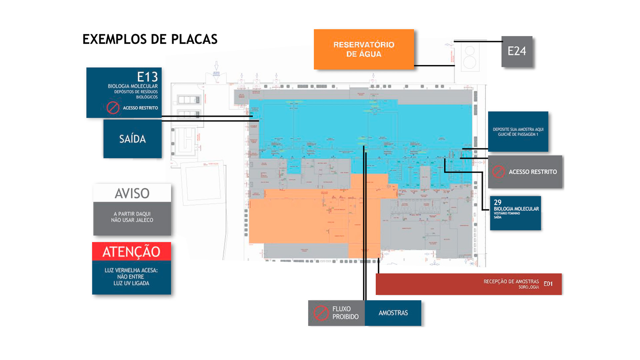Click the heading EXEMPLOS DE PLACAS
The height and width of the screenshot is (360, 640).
(x=150, y=39)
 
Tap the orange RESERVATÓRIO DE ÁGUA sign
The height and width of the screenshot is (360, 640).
(x=364, y=49)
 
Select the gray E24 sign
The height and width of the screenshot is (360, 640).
(x=517, y=51)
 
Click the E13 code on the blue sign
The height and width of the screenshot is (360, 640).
(x=147, y=77)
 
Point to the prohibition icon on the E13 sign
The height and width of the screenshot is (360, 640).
(x=113, y=108)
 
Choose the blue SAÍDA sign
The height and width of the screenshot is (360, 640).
(x=132, y=139)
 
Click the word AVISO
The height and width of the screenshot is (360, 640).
(x=132, y=193)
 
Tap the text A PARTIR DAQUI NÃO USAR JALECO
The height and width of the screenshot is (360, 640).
(x=132, y=217)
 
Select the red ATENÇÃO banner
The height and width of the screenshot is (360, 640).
(x=131, y=252)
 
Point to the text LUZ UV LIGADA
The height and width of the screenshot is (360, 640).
(x=131, y=283)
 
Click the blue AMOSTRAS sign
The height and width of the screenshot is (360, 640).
(x=393, y=313)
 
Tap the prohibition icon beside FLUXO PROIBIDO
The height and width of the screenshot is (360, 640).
(x=321, y=313)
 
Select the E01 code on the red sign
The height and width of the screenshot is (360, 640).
(x=548, y=284)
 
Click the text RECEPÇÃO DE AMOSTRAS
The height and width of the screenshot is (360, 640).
(x=511, y=282)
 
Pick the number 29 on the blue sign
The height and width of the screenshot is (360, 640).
(x=497, y=202)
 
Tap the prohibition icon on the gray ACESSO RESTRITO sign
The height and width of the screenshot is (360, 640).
(x=498, y=172)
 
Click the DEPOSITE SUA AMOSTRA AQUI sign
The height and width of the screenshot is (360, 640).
(x=518, y=132)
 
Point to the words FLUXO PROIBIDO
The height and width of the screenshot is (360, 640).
(x=345, y=313)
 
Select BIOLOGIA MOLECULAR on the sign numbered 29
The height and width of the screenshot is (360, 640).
(x=516, y=209)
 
